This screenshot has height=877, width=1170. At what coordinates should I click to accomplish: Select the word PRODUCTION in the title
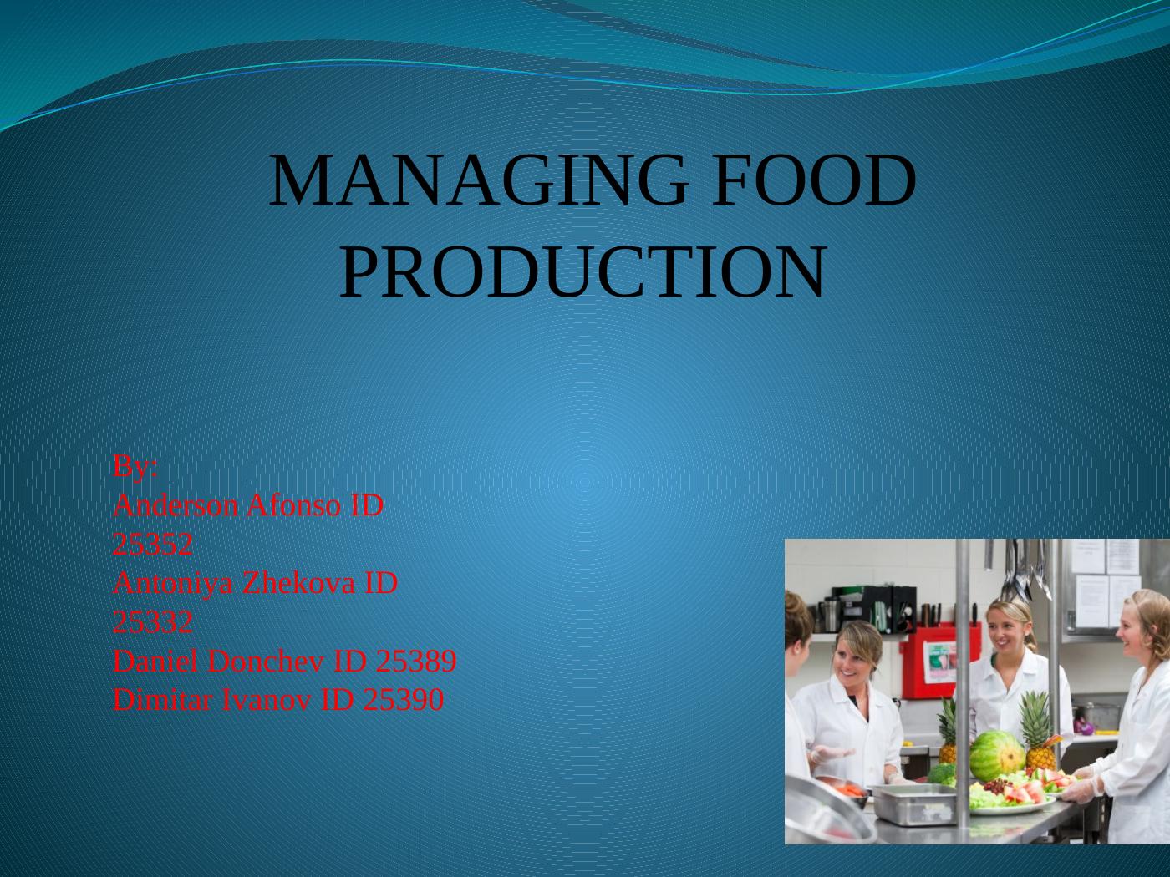(583, 271)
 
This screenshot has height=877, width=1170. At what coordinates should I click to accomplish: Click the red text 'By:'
(135, 467)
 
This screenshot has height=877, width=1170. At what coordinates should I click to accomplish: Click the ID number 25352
(153, 545)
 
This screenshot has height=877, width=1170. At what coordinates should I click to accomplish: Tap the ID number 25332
(153, 622)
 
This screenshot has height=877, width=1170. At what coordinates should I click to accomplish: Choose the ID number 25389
(416, 662)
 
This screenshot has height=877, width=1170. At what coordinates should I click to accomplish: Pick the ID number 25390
(403, 700)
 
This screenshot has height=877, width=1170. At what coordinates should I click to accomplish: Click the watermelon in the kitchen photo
(996, 754)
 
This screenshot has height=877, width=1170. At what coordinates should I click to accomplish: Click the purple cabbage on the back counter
(1085, 727)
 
